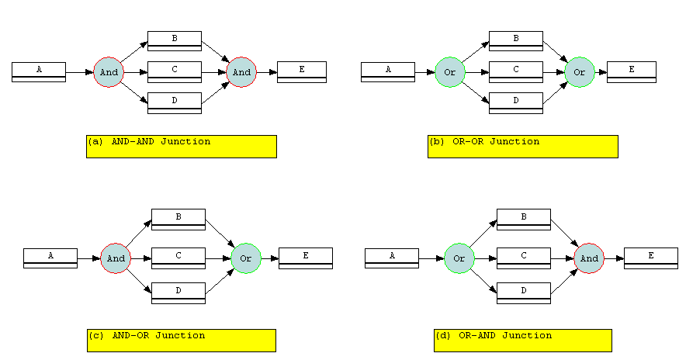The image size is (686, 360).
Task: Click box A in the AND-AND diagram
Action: [39, 72]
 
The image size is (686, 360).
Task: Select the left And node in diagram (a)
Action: [109, 72]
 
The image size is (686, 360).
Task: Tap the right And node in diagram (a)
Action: [241, 72]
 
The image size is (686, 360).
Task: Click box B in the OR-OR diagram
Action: [516, 41]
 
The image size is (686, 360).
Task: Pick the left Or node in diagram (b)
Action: [450, 72]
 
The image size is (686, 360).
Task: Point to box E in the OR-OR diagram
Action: [632, 72]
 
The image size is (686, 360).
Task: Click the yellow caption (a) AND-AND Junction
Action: [182, 147]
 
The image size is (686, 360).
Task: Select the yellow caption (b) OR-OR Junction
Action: [523, 147]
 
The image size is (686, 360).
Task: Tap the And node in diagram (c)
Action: [116, 258]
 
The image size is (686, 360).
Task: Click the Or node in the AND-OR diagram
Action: [246, 258]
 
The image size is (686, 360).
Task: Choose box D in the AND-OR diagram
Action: [178, 293]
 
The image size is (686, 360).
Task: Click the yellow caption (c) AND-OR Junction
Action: [182, 341]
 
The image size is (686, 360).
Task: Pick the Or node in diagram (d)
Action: [459, 258]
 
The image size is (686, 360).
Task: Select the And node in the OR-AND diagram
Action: [589, 258]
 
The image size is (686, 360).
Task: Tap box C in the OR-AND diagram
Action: [524, 258]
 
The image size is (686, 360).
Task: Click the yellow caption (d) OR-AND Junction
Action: [523, 341]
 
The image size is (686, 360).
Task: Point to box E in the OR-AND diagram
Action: [651, 258]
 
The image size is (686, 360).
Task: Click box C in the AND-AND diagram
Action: [175, 72]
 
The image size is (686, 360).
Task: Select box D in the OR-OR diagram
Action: [516, 103]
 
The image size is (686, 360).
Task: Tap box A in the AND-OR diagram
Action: [50, 258]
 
